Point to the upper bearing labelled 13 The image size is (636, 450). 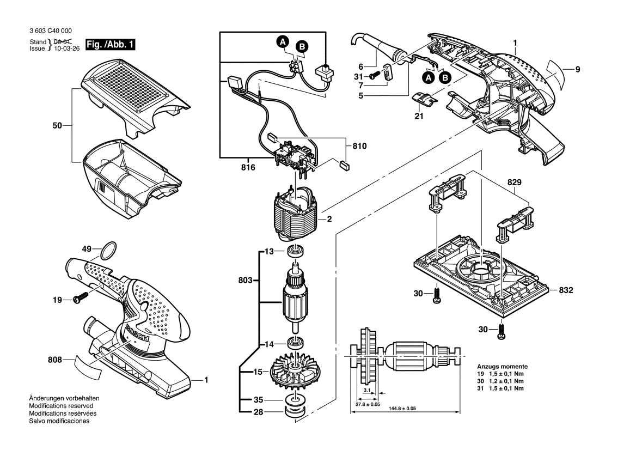[x=296, y=252]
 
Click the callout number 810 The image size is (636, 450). [x=359, y=146]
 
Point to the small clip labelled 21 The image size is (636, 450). [x=423, y=100]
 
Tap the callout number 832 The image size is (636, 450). [x=568, y=290]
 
